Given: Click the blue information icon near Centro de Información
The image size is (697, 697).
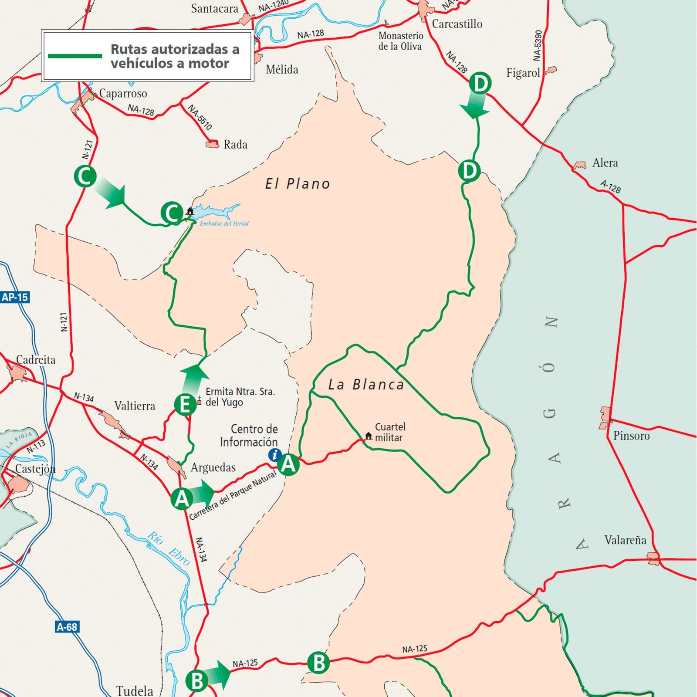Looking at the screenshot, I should point(274,455).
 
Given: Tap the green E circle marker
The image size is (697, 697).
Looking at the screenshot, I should point(185,405).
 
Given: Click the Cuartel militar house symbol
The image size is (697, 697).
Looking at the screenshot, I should point(369,436).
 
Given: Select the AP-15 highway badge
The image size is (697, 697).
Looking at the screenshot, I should point(15,298).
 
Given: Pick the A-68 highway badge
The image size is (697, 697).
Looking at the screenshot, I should point(67,627).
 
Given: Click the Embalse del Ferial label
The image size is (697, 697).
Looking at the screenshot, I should point(224,223).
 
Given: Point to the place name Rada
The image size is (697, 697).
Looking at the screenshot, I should point(235,145).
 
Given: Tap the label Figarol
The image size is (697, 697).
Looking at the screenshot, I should point(523,73).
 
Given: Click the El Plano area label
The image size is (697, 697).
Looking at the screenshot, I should point(298,184).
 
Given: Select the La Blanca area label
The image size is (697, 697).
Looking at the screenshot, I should point(366,385).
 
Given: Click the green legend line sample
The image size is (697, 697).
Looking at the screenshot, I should point(74,56).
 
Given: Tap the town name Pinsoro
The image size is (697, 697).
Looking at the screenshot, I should point(631,436).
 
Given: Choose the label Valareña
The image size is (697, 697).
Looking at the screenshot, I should point(625,540).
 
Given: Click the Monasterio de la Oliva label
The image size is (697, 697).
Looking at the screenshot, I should point(400,41).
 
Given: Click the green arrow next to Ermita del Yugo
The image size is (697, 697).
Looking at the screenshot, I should point(194,378).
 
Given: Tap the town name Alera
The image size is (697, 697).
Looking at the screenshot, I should point(605,163).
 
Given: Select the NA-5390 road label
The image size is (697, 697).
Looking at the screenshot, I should point(538,45).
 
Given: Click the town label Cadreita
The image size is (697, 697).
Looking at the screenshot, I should point(36,360).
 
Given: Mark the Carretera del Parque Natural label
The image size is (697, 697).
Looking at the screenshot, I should point(233,495).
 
